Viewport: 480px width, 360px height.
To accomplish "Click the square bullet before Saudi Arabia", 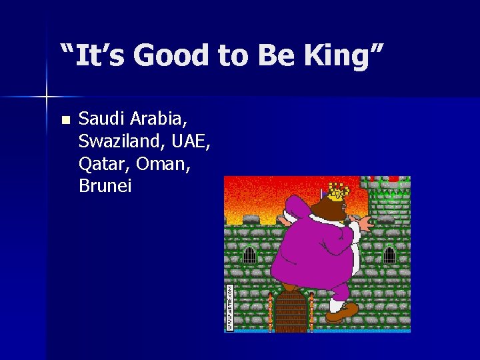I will pyautogui.click(x=65, y=121).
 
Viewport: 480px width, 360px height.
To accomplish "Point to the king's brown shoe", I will pyautogui.click(x=341, y=311).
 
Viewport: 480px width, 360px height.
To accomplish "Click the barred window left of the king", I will pyautogui.click(x=249, y=255).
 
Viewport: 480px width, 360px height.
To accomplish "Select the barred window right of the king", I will pyautogui.click(x=389, y=255).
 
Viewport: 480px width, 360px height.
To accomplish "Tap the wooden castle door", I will pyautogui.click(x=291, y=311).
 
